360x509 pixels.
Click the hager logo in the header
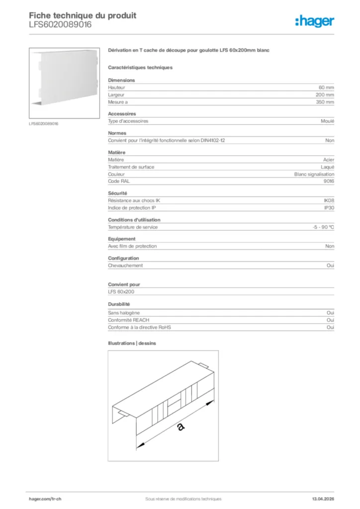pyautogui.click(x=314, y=20)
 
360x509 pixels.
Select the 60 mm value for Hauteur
pyautogui.click(x=326, y=87)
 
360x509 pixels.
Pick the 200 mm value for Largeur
pyautogui.click(x=325, y=94)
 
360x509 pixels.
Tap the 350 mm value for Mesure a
pyautogui.click(x=325, y=102)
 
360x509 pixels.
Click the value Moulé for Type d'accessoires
pyautogui.click(x=328, y=121)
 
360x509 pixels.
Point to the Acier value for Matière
pyautogui.click(x=328, y=160)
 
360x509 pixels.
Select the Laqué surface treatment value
pyautogui.click(x=328, y=167)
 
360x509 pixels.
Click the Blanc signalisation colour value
pyautogui.click(x=314, y=174)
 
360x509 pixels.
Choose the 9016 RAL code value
pyautogui.click(x=329, y=181)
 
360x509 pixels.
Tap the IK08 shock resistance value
pyautogui.click(x=329, y=200)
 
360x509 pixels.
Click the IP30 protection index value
pyautogui.click(x=329, y=208)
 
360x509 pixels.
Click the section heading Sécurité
pyautogui.click(x=117, y=193)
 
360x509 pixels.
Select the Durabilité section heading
pyautogui.click(x=119, y=304)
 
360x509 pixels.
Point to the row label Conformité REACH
pyautogui.click(x=128, y=320)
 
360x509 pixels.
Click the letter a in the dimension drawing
pyautogui.click(x=180, y=426)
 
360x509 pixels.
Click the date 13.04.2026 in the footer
pyautogui.click(x=323, y=499)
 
